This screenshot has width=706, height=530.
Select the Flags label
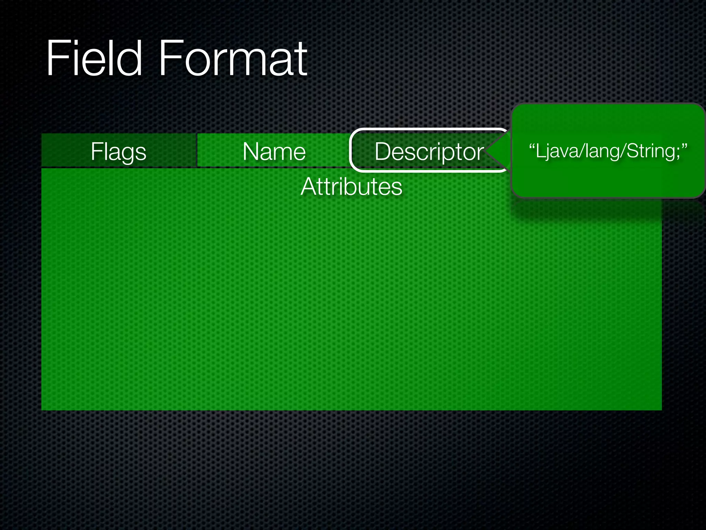pyautogui.click(x=119, y=151)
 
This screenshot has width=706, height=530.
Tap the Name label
pyautogui.click(x=274, y=151)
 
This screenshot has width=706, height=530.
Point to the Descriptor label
pyautogui.click(x=429, y=151)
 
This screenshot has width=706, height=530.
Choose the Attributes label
pyautogui.click(x=351, y=187)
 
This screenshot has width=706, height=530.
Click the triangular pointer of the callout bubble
pyautogui.click(x=498, y=150)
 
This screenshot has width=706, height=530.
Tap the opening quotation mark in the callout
pyautogui.click(x=532, y=147)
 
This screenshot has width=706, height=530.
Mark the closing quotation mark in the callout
pyautogui.click(x=684, y=147)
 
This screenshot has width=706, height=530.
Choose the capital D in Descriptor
pyautogui.click(x=383, y=151)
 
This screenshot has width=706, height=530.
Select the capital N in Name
pyautogui.click(x=251, y=151)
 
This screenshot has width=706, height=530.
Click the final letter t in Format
pyautogui.click(x=301, y=59)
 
